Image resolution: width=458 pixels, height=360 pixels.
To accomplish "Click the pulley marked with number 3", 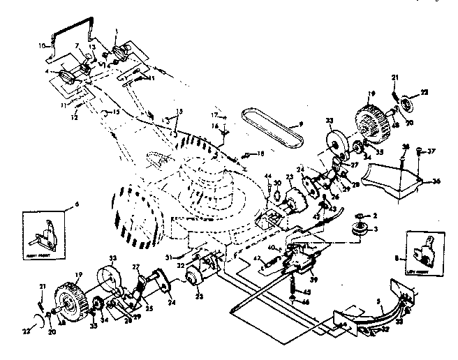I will (x=362, y=230).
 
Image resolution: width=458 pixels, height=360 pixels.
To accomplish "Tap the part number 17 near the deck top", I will (x=214, y=114).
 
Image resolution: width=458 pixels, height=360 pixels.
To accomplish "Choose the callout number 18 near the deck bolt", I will (x=260, y=153).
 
